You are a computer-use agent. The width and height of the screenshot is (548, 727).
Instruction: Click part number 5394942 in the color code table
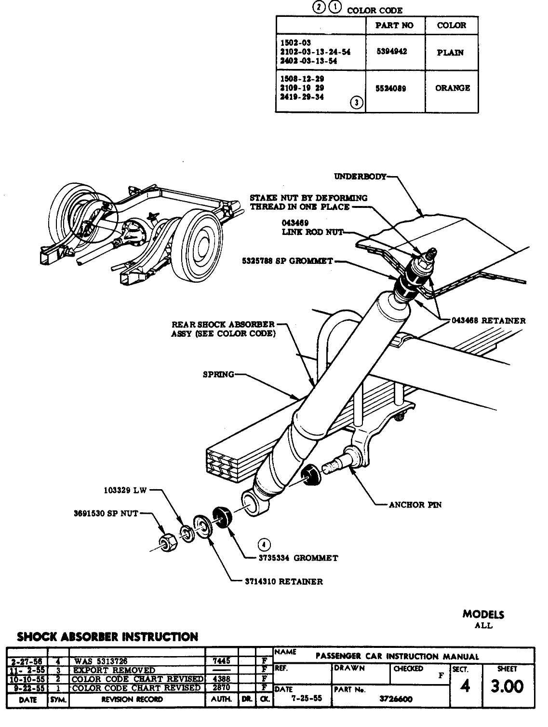391,52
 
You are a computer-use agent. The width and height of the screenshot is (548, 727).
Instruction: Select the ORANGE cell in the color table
452,88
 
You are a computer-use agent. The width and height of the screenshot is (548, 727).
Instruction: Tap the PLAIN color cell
450,53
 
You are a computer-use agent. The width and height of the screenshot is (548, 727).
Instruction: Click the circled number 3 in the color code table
357,102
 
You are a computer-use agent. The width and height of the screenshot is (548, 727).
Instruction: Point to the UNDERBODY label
360,177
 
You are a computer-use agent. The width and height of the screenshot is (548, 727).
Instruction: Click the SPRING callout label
218,374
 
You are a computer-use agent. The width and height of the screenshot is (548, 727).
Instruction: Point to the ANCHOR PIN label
415,505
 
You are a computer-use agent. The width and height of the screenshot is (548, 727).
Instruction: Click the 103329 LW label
125,491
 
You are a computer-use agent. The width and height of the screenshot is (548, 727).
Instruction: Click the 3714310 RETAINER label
284,581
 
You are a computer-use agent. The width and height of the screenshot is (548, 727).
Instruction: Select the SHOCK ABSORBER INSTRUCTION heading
107,637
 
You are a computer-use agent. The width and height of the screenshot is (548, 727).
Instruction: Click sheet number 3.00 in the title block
507,686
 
